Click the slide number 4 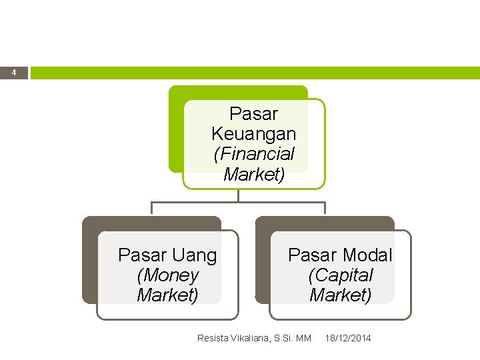click(x=14, y=73)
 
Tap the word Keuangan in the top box click(x=253, y=134)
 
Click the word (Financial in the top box click(x=253, y=154)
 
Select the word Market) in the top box click(x=253, y=175)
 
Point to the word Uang click(x=194, y=255)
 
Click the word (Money click(x=167, y=275)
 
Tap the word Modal click(x=368, y=255)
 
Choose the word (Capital click(x=340, y=275)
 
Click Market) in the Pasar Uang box click(x=167, y=295)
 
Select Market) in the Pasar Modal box click(x=340, y=295)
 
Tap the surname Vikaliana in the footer click(x=249, y=339)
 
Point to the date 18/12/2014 click(x=348, y=339)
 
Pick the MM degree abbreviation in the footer click(x=303, y=339)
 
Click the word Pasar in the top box click(x=253, y=114)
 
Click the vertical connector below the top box click(x=238, y=195)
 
